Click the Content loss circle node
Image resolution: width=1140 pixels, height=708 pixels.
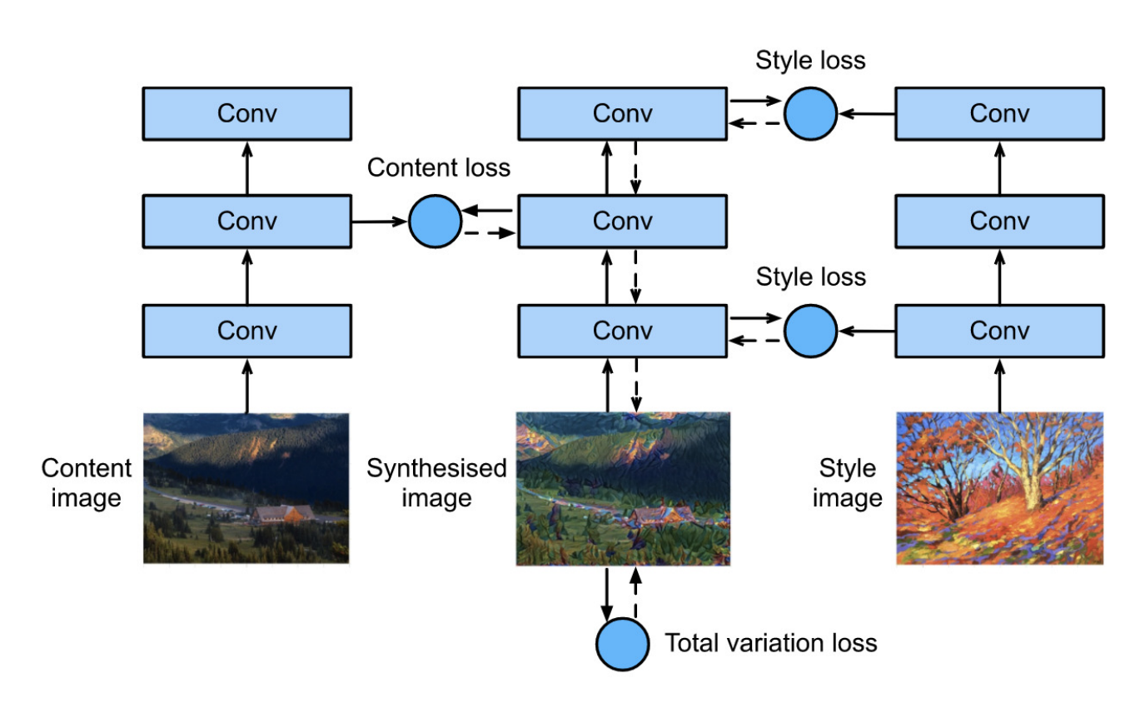point(436,222)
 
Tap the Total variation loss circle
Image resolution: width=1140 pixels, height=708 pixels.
point(622,644)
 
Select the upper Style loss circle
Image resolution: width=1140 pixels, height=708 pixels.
point(811,113)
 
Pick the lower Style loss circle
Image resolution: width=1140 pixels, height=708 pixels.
point(811,331)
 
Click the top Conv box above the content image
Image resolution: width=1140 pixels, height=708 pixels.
point(247,113)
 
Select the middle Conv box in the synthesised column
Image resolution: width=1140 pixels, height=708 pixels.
point(622,222)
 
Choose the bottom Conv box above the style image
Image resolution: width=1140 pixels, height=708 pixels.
point(999,331)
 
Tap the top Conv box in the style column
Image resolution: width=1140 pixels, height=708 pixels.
point(999,113)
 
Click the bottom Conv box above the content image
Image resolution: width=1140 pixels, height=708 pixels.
point(247,331)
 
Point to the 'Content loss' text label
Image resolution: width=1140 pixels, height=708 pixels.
point(439,167)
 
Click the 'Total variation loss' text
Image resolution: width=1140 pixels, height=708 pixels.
point(771,643)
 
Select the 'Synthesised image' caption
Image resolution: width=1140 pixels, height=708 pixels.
point(436,483)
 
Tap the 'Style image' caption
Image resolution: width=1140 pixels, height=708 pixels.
point(848,483)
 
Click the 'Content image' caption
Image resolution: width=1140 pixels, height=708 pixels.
point(86,483)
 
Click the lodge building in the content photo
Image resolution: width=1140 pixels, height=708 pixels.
point(283,514)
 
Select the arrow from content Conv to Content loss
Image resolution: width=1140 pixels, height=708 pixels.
point(380,222)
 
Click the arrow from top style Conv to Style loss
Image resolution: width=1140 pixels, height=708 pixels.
point(867,113)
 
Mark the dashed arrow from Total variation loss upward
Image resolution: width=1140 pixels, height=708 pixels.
point(635,593)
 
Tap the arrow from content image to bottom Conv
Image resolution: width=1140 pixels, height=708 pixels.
point(247,386)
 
